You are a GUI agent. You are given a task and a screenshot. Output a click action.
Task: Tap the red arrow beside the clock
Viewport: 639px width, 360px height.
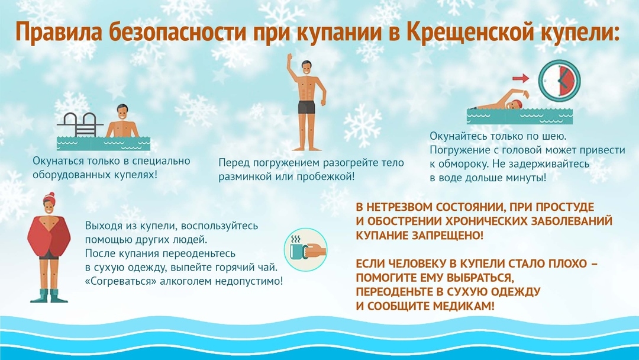tap(520, 78)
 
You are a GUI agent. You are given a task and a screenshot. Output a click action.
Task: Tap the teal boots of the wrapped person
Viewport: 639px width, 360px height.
tap(51, 294)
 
